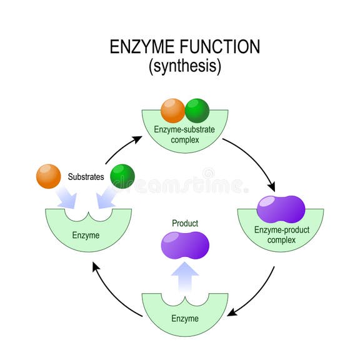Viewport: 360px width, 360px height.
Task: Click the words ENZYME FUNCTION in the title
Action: pos(184,47)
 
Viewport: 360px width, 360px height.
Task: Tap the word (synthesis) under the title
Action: pos(184,67)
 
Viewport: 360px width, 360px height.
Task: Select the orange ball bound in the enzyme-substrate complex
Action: pos(172,110)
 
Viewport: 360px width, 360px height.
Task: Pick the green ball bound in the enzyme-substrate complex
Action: pos(197,110)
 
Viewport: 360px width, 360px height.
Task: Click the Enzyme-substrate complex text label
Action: pos(184,134)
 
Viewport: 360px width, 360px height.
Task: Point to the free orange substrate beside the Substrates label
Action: pos(49,176)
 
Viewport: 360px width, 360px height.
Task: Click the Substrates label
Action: pos(86,177)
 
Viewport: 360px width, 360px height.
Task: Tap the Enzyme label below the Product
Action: pos(185,318)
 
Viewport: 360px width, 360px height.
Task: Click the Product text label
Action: pos(185,223)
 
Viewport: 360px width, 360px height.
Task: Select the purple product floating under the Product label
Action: pos(185,245)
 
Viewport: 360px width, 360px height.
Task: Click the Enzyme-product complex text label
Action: pos(281,235)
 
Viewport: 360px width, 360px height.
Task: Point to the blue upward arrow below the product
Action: pos(185,275)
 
